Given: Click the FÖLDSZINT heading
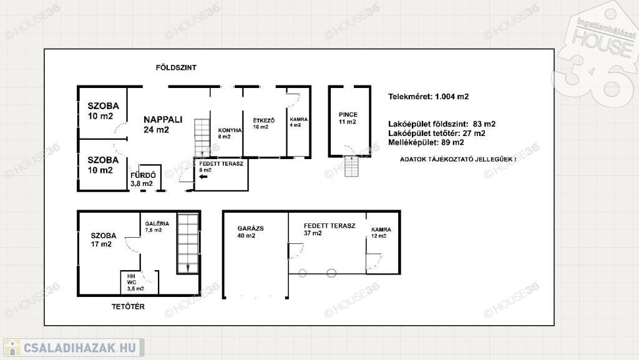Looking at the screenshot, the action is click(176, 67).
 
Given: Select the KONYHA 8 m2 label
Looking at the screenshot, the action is click(230, 133).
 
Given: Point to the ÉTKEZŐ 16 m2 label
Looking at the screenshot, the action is click(264, 124).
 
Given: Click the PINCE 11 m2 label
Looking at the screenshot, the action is click(348, 118).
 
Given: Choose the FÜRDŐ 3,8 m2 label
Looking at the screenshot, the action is click(143, 179).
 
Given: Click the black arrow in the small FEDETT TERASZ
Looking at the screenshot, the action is click(203, 177).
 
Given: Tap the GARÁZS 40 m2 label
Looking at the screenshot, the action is click(250, 231).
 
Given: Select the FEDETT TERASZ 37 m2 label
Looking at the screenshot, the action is click(329, 229).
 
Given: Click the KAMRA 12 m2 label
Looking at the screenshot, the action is click(381, 233).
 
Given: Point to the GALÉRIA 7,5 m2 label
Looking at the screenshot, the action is click(157, 226).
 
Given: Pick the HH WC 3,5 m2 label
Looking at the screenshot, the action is click(135, 282).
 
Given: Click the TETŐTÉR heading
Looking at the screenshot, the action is click(128, 306).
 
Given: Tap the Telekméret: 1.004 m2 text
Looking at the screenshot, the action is click(428, 97).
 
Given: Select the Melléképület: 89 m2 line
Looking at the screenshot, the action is click(426, 142).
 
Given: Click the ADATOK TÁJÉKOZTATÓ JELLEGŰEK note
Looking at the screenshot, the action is click(458, 159).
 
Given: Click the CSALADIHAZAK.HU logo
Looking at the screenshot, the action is click(74, 348).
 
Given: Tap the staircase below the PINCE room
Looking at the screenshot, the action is click(351, 167).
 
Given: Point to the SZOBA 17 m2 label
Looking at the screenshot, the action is click(104, 240).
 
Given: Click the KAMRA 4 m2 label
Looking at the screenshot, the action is click(299, 122).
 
